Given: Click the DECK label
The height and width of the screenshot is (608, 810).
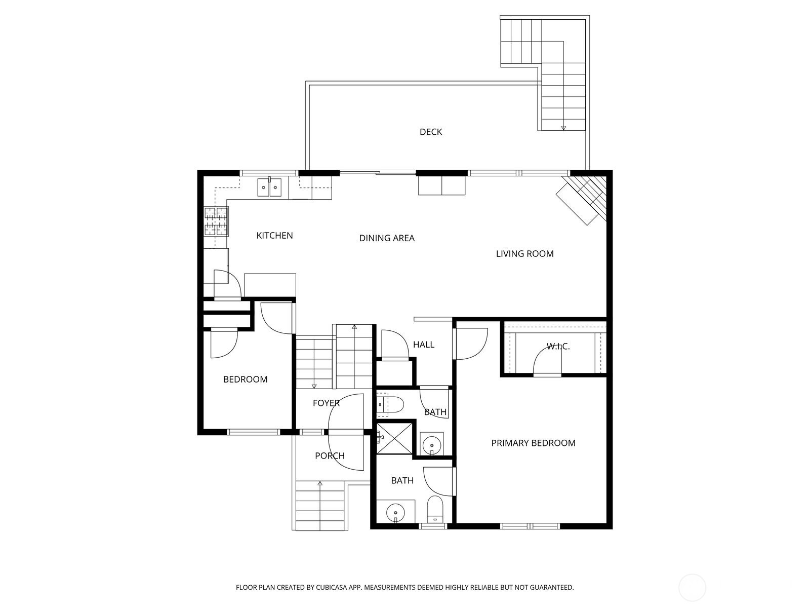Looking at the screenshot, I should [431, 132].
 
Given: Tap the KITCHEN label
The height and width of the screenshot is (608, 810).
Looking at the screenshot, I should [274, 236].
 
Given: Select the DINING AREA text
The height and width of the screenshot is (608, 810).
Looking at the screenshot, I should [387, 238].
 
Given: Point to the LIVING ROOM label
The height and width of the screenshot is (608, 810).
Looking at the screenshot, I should [524, 254].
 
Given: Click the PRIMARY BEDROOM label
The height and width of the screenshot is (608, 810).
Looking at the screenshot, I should [533, 443].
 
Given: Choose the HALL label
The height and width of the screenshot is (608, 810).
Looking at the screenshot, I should [423, 345].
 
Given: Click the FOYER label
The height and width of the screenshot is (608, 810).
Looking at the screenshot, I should [326, 403].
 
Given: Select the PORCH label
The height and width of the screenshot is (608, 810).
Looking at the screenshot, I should [330, 456].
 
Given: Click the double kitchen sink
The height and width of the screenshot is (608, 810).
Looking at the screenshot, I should [269, 187].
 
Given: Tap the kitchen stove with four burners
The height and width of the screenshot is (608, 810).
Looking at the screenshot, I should [216, 222].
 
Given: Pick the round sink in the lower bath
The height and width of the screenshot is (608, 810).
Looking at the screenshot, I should [394, 513].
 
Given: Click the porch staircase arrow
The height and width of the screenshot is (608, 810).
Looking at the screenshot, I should [320, 484].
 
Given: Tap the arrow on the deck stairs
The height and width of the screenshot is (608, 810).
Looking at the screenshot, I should [563, 127].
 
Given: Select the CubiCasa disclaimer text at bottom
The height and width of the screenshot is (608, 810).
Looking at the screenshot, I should [404, 588].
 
